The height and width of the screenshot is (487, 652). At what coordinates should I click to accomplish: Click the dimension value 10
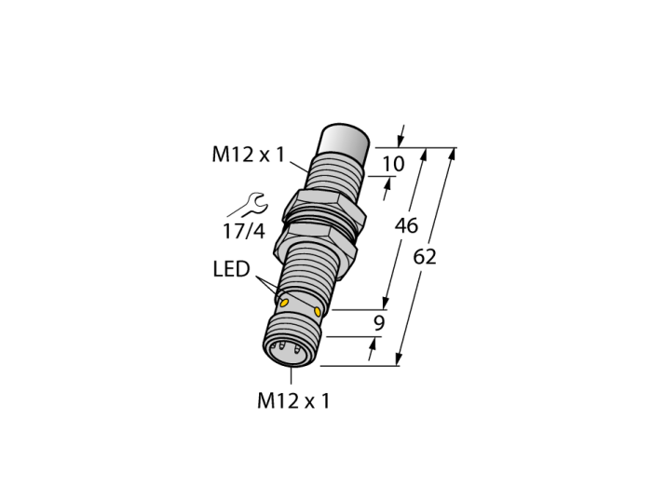[x=393, y=164]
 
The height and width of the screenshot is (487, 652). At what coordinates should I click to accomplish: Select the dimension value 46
[x=406, y=225]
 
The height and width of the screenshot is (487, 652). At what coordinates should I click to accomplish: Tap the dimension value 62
[x=425, y=257]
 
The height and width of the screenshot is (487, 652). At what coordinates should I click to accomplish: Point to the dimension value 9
[x=379, y=323]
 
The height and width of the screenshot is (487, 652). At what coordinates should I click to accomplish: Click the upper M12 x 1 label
[x=249, y=155]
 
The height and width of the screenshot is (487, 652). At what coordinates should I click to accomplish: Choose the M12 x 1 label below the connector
[x=293, y=401]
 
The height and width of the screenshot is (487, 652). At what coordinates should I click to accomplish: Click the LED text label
[x=231, y=269]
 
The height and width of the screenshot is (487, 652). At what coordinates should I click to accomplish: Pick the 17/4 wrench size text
[x=244, y=232]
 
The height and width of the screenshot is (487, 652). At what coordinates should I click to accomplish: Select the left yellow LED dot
[x=284, y=303]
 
